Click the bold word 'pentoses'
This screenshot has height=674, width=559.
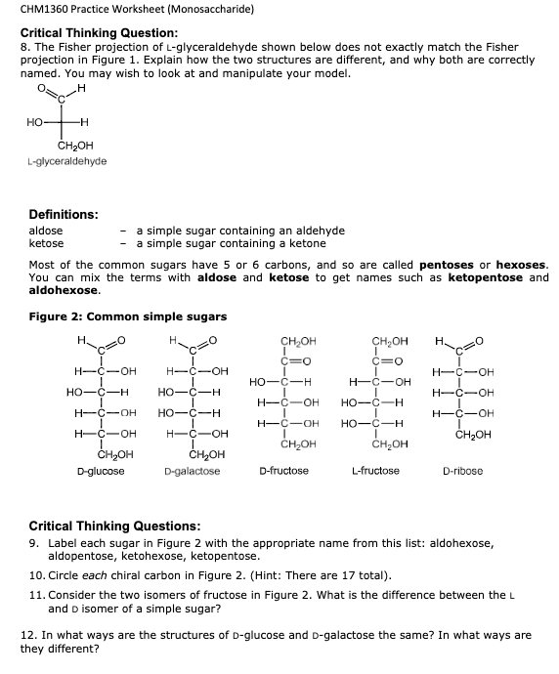446,266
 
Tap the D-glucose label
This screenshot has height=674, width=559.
101,471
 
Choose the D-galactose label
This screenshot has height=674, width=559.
193,471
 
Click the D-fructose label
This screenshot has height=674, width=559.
283,471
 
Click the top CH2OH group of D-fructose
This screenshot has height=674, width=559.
298,341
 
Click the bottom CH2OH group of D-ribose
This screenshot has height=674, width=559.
476,436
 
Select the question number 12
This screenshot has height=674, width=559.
29,635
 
